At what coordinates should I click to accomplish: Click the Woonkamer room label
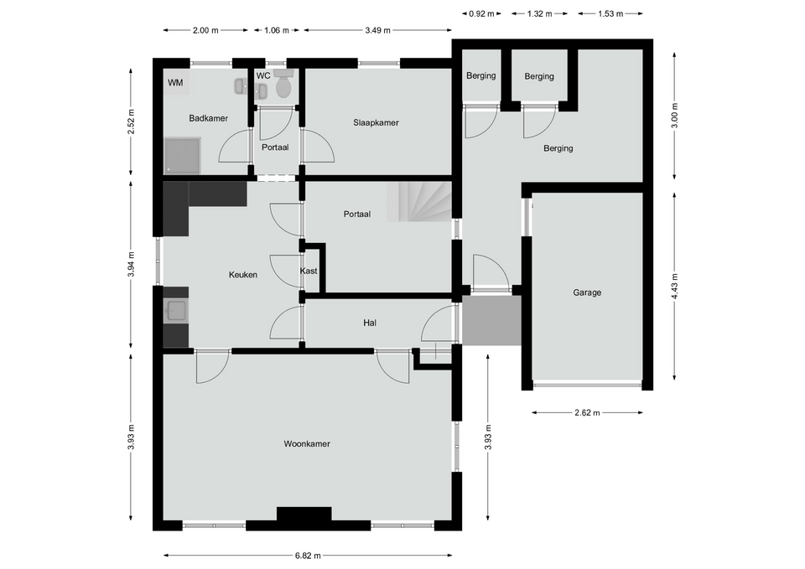(x=307, y=444)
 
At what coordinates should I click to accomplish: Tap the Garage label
(x=587, y=292)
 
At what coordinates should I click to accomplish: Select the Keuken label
(x=243, y=275)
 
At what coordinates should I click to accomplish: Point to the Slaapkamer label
(x=376, y=122)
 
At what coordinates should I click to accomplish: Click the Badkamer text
(x=209, y=118)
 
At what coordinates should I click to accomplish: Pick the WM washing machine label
(x=175, y=83)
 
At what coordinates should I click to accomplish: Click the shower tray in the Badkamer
(x=182, y=155)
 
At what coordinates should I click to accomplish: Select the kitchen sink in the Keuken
(x=176, y=311)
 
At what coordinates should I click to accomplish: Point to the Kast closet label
(x=309, y=271)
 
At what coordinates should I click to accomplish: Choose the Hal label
(x=370, y=323)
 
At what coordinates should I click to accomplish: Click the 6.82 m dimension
(x=308, y=555)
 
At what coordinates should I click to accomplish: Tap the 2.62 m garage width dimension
(x=587, y=412)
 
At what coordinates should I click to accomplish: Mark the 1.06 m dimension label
(x=276, y=30)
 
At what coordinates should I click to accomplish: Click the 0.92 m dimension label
(x=481, y=14)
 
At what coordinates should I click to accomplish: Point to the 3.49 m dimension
(x=378, y=30)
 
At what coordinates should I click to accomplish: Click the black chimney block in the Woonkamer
(x=304, y=514)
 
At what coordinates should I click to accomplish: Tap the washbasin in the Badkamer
(x=240, y=86)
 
